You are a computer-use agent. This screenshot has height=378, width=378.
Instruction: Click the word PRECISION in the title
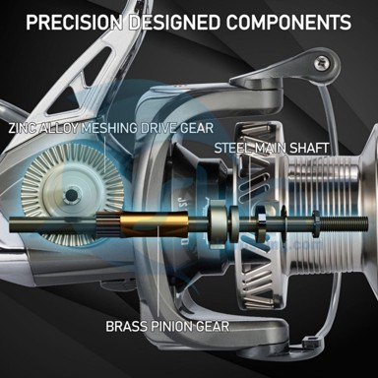pyautogui.click(x=74, y=23)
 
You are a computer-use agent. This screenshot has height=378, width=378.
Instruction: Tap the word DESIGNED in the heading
pyautogui.click(x=174, y=23)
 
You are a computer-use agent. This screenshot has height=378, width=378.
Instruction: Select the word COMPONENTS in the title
pyautogui.click(x=288, y=23)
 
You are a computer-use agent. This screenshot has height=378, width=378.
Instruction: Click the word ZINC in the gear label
pyautogui.click(x=23, y=128)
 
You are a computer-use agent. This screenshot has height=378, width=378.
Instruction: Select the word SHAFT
pyautogui.click(x=309, y=148)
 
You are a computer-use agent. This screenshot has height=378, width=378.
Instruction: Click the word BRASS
pyautogui.click(x=126, y=327)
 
